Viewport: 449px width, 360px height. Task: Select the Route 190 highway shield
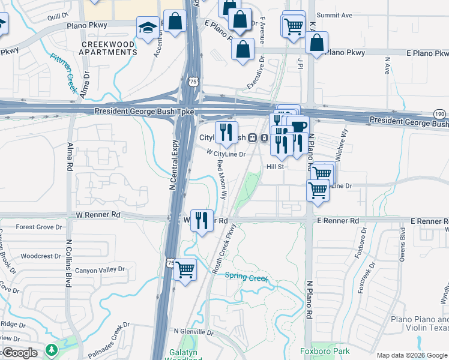(439, 114)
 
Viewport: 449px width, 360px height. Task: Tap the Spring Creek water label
(246, 277)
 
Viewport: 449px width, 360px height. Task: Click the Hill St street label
(275, 166)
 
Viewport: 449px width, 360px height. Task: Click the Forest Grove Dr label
(39, 227)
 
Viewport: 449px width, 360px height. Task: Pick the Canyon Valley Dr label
(99, 270)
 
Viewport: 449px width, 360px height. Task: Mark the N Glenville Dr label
(193, 332)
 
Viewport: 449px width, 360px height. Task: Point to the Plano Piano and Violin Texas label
(419, 324)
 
